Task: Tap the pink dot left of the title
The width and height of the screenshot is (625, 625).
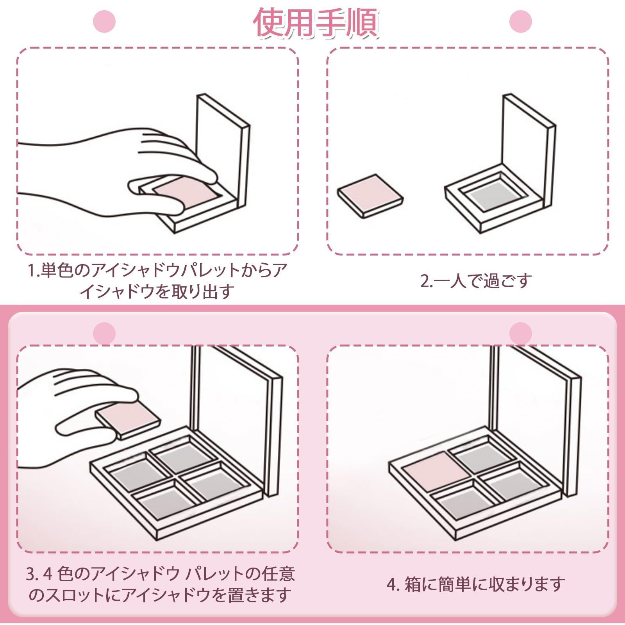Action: tap(105, 21)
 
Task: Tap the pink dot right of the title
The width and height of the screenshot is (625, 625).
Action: tap(521, 21)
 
